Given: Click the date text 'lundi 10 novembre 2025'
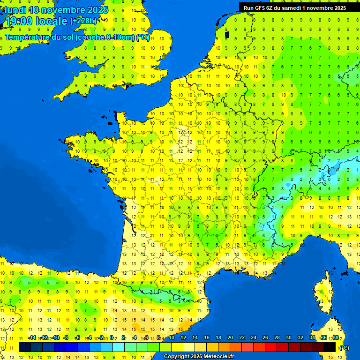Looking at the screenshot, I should pos(56,10).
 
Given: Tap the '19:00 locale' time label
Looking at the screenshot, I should pos(36,21).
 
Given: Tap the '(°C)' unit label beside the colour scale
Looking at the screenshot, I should pos(344,348).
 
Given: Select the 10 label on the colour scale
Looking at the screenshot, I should pos(171,337).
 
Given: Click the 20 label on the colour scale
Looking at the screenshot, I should pos(230,337).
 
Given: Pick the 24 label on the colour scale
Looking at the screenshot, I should pos(253,337).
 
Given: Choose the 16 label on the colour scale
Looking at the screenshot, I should pos(206,337).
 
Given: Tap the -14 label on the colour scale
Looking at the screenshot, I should pos(32,337).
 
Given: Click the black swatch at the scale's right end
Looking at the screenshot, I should pos(330,347).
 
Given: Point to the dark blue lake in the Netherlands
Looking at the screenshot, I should pos(227,34).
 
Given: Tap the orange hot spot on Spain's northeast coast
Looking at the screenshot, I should pos(186,324).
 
